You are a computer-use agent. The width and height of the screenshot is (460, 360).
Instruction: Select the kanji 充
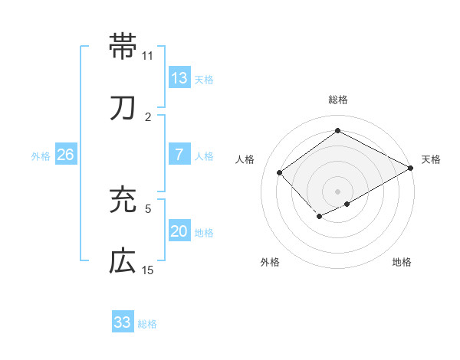click(x=123, y=200)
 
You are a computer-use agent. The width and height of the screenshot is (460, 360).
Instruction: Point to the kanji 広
click(x=123, y=262)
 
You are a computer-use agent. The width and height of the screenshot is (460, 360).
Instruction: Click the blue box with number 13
click(x=179, y=78)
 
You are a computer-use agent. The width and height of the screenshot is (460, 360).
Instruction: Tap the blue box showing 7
click(x=179, y=155)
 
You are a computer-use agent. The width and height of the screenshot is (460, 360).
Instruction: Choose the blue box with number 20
click(x=179, y=231)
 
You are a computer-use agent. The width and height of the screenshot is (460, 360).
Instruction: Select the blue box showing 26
click(x=66, y=155)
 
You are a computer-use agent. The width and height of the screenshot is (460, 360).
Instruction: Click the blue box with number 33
click(x=123, y=322)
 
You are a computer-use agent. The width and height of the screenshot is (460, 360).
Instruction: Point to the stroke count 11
click(x=148, y=56)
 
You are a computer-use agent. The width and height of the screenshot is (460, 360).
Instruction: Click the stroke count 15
click(x=148, y=270)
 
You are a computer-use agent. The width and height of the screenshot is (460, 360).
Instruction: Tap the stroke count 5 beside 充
click(x=148, y=208)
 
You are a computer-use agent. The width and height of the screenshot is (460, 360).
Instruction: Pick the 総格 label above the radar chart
click(x=338, y=100)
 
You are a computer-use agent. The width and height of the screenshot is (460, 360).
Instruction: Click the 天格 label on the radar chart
click(x=431, y=159)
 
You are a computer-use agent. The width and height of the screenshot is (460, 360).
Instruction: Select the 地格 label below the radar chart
click(x=402, y=262)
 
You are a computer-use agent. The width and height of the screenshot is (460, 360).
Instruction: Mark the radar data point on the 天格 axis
click(x=411, y=167)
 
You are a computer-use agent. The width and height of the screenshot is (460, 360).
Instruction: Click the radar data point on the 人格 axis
click(x=280, y=172)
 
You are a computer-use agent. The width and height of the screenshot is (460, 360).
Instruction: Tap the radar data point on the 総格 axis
click(x=337, y=131)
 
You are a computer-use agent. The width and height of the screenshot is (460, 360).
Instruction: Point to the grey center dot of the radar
click(x=337, y=191)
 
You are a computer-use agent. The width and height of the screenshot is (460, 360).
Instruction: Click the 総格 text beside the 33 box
click(x=147, y=324)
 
